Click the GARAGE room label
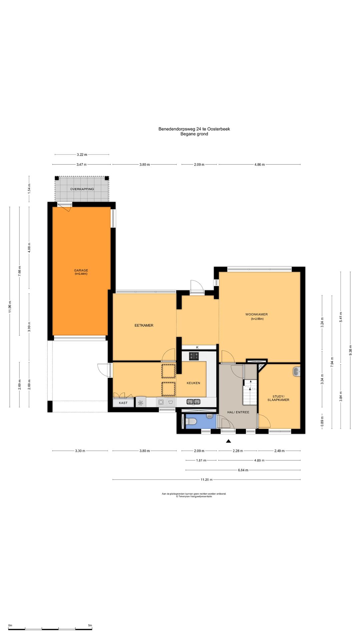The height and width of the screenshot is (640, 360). pos(81,270)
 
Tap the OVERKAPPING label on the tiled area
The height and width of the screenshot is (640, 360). pos(82,189)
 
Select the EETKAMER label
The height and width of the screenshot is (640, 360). pos(144,325)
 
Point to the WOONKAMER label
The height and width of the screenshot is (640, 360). pos(257,314)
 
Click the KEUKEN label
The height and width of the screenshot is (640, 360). pos(193,383)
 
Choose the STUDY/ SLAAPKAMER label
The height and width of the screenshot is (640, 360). pos(278,398)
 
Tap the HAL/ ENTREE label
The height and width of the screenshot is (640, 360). pos(238,412)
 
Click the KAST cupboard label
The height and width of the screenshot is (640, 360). pos(123,403)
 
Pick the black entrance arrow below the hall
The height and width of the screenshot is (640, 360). pos(229,441)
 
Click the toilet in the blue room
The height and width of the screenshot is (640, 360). pos(192,422)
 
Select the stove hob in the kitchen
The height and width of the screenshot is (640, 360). pos(194,356)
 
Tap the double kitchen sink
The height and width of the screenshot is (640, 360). pos(193,402)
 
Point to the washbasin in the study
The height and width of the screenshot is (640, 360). pos(297,371)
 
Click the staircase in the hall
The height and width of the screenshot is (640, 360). pos(250,392)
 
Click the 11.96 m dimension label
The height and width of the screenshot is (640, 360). pos(10,307)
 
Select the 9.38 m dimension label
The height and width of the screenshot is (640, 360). pos(350,350)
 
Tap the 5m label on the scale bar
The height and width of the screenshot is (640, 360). pos(90,625)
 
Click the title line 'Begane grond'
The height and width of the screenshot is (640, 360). pos(194,134)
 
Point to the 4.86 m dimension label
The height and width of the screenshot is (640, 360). pos(259,165)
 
